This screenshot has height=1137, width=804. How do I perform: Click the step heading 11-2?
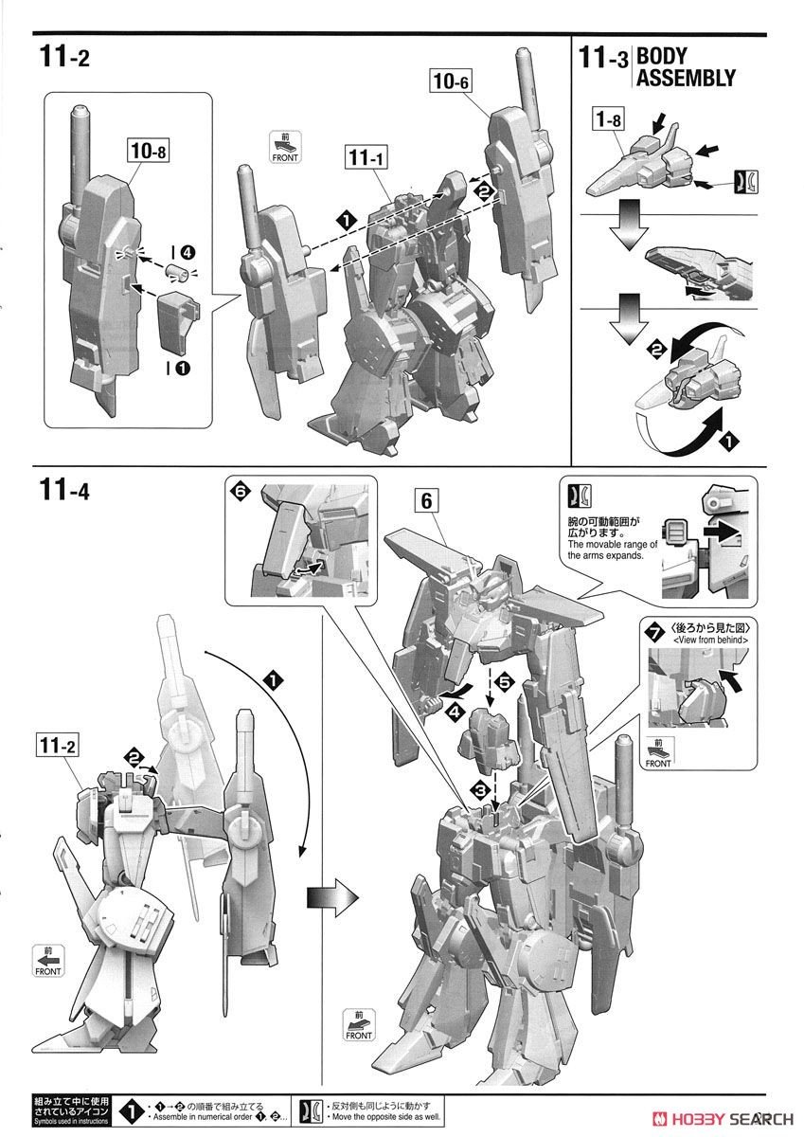pyautogui.click(x=64, y=58)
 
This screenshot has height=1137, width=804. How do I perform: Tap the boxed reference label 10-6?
pyautogui.click(x=452, y=82)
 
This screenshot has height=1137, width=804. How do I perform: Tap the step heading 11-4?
pyautogui.click(x=65, y=491)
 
